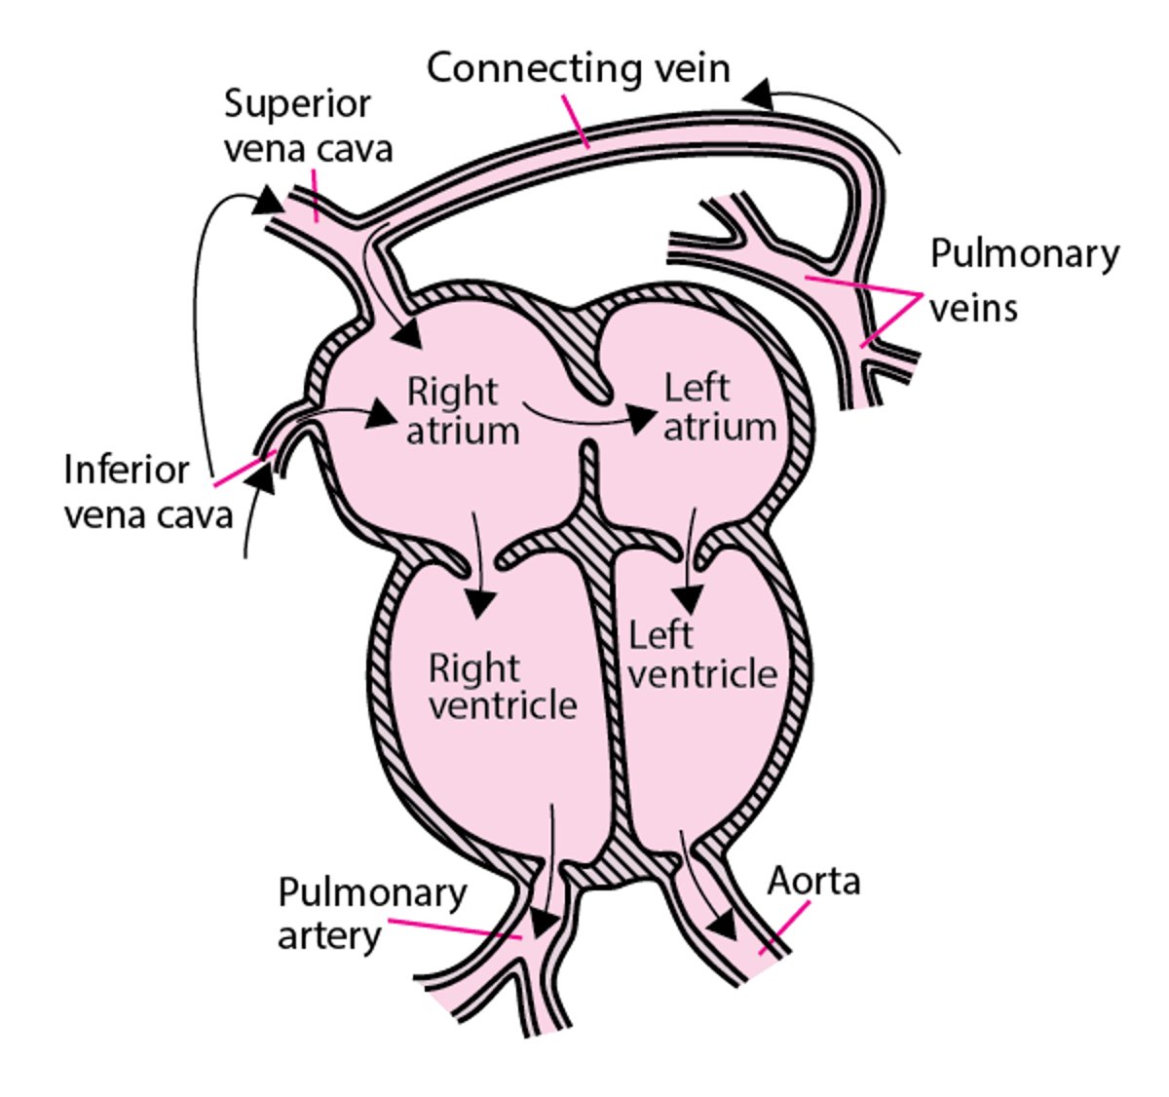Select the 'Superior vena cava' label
[x=308, y=126]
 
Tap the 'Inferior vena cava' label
[x=148, y=492]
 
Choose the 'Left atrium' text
[x=719, y=407]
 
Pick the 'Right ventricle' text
[x=503, y=687]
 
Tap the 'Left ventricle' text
[x=701, y=655]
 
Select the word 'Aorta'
[x=813, y=882]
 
